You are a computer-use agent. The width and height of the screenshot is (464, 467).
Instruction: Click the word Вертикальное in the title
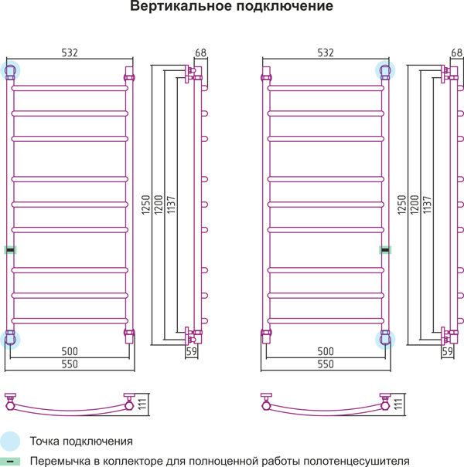180,6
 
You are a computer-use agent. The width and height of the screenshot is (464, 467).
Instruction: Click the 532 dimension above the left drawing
70,52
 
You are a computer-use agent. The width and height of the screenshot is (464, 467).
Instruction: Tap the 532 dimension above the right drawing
326,52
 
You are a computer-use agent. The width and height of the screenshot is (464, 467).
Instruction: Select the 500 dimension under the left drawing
70,351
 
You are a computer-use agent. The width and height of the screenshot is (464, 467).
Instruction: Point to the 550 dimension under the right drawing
326,364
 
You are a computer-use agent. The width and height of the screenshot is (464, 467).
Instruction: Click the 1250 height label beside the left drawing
145,205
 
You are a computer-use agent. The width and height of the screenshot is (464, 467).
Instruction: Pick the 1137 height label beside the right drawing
428,205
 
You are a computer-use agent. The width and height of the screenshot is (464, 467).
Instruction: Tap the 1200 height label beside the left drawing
159,205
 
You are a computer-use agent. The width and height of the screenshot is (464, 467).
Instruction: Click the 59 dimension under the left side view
192,352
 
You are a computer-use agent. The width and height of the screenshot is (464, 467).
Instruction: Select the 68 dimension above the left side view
200,52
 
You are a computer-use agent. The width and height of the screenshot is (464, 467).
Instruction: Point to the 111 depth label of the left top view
142,404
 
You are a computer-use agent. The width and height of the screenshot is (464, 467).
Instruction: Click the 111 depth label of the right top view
398,404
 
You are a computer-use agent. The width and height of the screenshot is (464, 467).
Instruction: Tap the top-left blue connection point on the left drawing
10,70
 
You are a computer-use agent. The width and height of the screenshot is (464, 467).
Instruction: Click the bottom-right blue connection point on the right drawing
385,340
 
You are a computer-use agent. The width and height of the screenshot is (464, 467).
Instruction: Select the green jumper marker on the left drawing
10,250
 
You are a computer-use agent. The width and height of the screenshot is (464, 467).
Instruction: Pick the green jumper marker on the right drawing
385,250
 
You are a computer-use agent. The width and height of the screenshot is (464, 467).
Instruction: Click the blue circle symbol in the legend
10,442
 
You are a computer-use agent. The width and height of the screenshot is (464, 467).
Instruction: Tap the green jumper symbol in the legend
10,462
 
